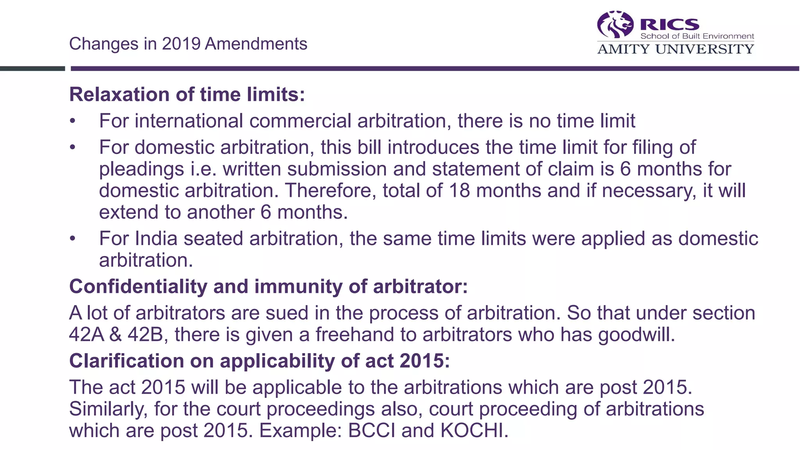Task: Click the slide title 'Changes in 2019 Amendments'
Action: (x=188, y=44)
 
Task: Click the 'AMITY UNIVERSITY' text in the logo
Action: (x=675, y=49)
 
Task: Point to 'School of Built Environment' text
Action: (x=697, y=36)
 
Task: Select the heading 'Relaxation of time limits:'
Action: (x=187, y=95)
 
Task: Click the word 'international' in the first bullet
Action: (x=189, y=121)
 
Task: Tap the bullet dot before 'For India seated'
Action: (x=72, y=238)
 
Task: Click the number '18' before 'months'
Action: (x=459, y=191)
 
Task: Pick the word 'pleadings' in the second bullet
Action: (x=141, y=169)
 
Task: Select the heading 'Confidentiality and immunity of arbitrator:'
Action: (x=268, y=286)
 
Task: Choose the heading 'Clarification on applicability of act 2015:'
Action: (x=259, y=361)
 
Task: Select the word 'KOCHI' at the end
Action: (x=474, y=430)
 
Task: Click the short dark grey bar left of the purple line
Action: (x=32, y=69)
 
